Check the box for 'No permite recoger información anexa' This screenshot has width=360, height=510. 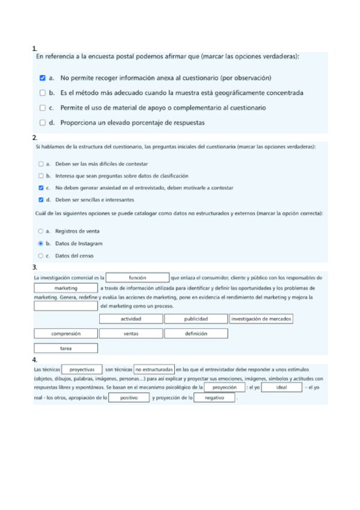coord(42,78)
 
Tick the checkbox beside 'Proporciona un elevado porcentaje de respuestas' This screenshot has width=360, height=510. coord(42,123)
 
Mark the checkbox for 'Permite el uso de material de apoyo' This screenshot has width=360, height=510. coord(42,108)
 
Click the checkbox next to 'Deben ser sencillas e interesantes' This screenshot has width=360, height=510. coord(41,200)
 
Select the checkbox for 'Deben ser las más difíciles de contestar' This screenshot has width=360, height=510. coord(41,164)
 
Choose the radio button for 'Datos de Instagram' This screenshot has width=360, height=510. coord(41,244)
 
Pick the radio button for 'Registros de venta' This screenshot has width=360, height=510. coord(41,231)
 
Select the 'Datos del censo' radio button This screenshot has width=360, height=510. coord(41,256)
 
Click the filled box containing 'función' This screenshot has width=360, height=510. coord(138,278)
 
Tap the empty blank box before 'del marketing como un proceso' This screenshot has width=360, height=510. coord(66,306)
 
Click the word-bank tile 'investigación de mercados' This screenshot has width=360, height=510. coord(261,319)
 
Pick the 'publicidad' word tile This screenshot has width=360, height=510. coord(196,319)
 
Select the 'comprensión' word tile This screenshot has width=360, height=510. coord(66,333)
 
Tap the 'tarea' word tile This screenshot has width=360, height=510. coord(66,348)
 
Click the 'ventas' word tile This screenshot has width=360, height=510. coord(130,333)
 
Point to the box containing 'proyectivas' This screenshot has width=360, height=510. coord(82,369)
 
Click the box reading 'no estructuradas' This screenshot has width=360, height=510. coord(154,369)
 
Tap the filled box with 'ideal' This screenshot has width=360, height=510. coord(281,388)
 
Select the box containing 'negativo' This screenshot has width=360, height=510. coord(214,398)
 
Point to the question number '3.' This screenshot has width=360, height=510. coord(35,267)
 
